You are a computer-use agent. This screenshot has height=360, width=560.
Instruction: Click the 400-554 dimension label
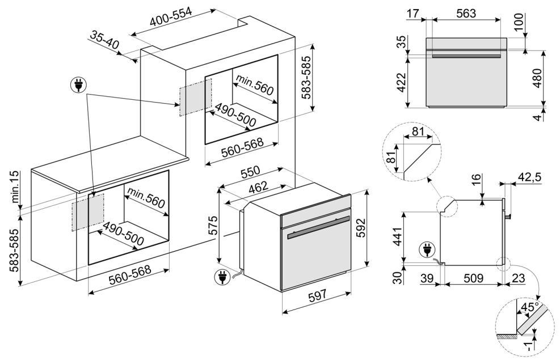[x=171, y=20]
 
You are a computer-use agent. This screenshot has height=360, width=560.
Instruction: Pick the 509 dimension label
[x=473, y=278]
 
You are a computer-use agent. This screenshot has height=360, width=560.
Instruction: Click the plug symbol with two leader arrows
[x=78, y=86]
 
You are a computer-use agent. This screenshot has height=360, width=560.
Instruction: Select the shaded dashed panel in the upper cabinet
[x=195, y=97]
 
